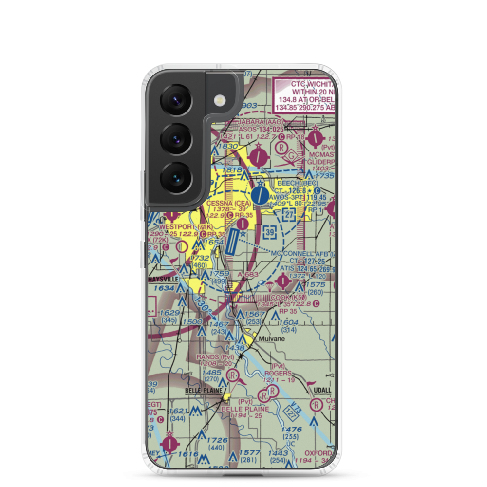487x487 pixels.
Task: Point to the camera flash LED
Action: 221,99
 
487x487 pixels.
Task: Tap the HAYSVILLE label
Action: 164,280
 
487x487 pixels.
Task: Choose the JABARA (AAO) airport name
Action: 259,121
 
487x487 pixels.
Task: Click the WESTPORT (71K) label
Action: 179,227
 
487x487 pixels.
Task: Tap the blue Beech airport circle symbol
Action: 260,196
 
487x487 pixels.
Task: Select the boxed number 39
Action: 270,232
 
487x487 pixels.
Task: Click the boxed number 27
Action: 289,215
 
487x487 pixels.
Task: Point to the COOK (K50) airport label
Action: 288,298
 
